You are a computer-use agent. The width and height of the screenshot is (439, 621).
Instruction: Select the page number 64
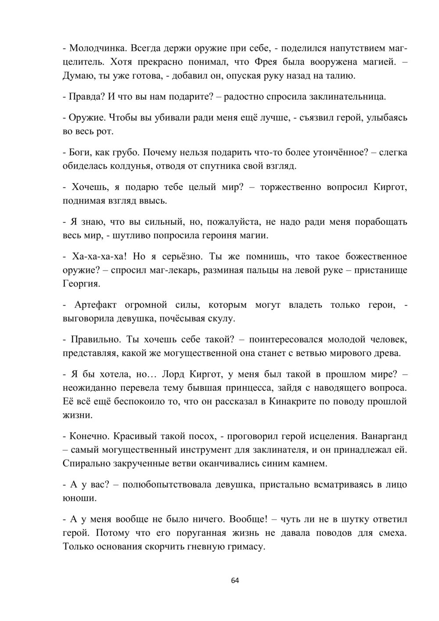point(235,581)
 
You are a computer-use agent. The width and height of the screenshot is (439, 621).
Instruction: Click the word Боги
point(79,152)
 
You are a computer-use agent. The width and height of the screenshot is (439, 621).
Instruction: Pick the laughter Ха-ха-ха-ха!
point(99,256)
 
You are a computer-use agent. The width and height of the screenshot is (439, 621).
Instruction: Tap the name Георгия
point(81,284)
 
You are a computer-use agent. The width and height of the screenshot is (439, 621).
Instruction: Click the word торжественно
point(290,187)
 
